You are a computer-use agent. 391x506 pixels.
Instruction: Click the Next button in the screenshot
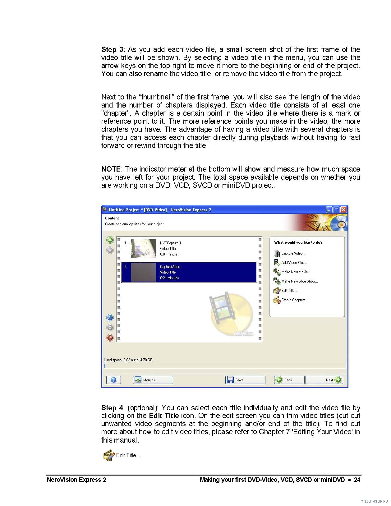324,380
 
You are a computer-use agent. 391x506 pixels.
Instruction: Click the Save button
245,380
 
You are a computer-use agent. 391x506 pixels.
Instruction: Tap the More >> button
153,380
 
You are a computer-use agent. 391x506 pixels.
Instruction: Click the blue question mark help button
113,380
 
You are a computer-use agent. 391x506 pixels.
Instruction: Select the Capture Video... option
293,253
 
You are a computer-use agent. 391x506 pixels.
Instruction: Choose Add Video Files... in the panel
294,263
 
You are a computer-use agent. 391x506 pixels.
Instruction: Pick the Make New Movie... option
295,272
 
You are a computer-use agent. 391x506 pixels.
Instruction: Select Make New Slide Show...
299,281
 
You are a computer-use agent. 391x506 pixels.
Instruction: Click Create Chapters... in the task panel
294,300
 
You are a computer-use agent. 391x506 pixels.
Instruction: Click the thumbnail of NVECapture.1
143,249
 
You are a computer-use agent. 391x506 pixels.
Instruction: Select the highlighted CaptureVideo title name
170,267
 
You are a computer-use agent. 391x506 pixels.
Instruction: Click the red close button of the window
343,210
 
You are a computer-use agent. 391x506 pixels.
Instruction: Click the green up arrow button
110,240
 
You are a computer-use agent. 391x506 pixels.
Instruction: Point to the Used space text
128,360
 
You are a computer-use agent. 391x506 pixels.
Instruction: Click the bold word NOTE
111,169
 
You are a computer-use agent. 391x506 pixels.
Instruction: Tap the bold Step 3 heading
112,49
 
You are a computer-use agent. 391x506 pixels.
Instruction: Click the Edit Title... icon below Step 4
109,455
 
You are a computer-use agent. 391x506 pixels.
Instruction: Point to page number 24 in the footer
357,480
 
